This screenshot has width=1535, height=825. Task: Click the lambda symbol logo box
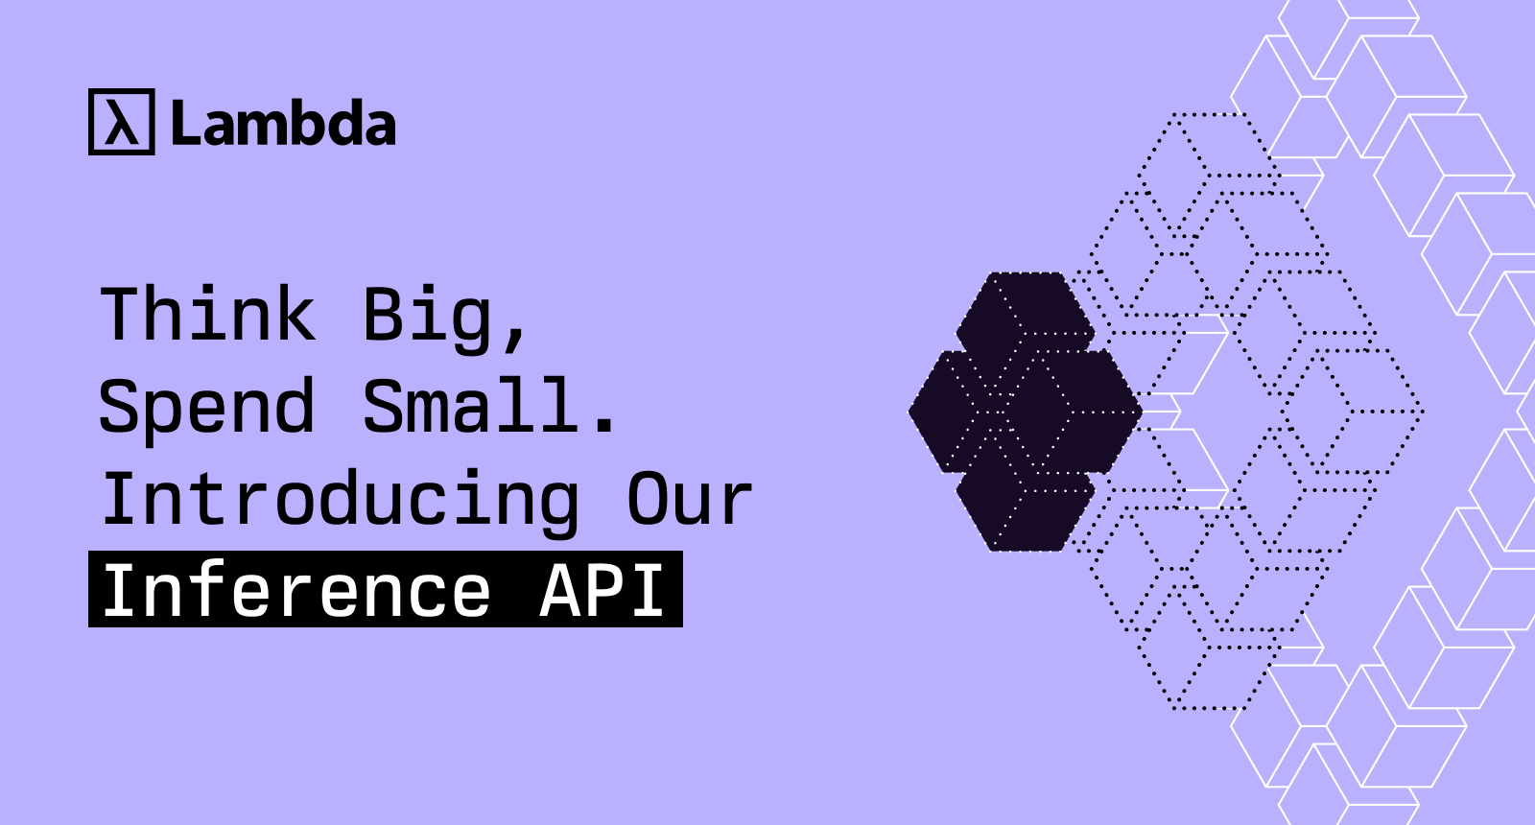click(x=121, y=122)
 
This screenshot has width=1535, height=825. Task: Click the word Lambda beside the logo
click(x=283, y=124)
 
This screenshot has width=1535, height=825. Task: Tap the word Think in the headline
click(x=208, y=315)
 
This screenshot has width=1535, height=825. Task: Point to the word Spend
click(x=207, y=407)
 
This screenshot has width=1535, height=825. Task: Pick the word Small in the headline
click(x=471, y=405)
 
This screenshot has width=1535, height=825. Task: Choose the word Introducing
click(x=341, y=499)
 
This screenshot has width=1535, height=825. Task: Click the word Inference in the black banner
click(x=296, y=590)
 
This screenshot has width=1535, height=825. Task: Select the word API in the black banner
click(x=602, y=590)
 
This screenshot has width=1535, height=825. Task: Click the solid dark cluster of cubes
click(x=1025, y=412)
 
